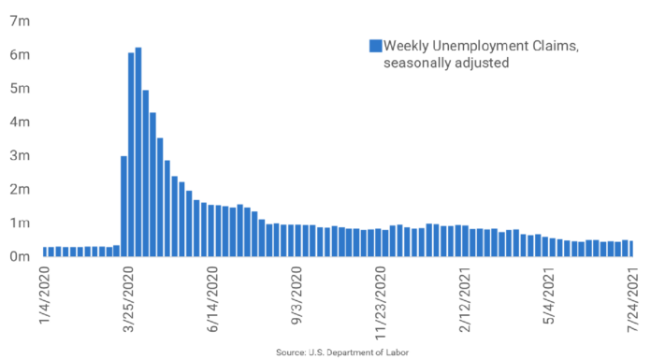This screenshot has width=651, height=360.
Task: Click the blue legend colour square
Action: pos(376,46)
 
